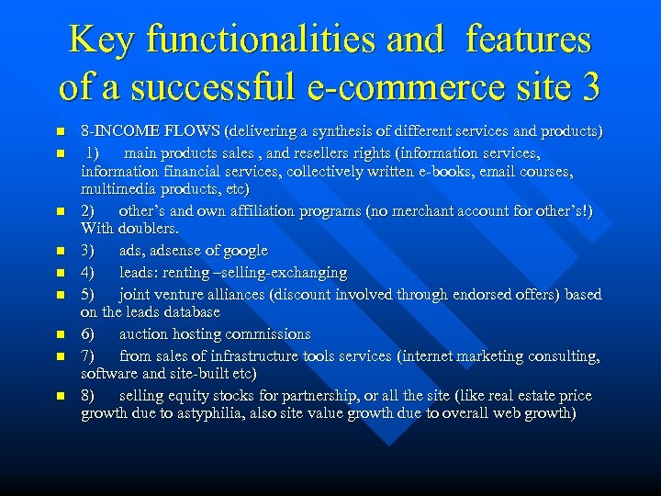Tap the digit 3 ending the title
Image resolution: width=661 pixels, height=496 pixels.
(x=588, y=87)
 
